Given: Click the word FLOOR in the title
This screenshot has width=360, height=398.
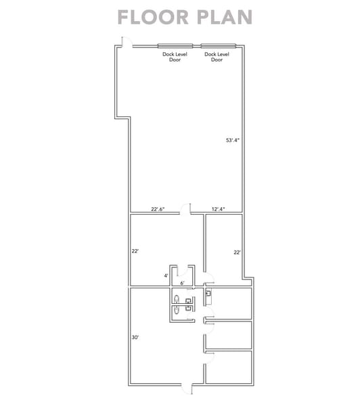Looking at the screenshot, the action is click(x=153, y=18).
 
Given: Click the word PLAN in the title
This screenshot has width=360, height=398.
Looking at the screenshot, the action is click(x=225, y=18).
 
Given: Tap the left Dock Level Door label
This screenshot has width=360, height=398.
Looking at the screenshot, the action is click(x=175, y=57).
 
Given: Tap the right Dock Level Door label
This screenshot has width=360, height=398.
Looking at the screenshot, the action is click(x=217, y=57).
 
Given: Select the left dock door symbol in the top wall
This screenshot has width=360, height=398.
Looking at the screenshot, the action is click(x=175, y=46).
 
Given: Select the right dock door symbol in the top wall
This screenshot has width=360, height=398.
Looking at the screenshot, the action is click(x=219, y=46).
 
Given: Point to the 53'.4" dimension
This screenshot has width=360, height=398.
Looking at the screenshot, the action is click(x=233, y=140).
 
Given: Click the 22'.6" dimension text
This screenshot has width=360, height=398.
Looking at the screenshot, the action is click(x=158, y=209).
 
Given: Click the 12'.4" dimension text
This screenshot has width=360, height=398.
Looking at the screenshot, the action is click(x=218, y=209).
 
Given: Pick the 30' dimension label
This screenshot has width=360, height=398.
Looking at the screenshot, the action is click(x=135, y=337).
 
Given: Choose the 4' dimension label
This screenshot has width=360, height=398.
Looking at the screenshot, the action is click(x=166, y=275).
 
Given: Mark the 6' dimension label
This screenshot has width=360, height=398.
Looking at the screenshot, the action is click(x=182, y=283).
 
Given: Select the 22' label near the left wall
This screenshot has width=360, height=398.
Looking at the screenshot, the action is click(x=135, y=251).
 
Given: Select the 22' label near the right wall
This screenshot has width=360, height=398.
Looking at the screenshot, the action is click(x=237, y=252).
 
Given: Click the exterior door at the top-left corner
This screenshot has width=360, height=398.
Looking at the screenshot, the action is click(x=127, y=42).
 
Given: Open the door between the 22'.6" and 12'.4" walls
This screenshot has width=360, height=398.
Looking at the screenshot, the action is click(x=185, y=209).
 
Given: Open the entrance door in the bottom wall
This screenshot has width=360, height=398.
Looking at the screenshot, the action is click(x=187, y=389).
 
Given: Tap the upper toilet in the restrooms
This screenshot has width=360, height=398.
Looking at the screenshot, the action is click(x=177, y=299).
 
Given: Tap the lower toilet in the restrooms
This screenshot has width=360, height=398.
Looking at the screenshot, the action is click(x=177, y=309).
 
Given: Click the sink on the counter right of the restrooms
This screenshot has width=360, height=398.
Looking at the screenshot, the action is click(x=208, y=293).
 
